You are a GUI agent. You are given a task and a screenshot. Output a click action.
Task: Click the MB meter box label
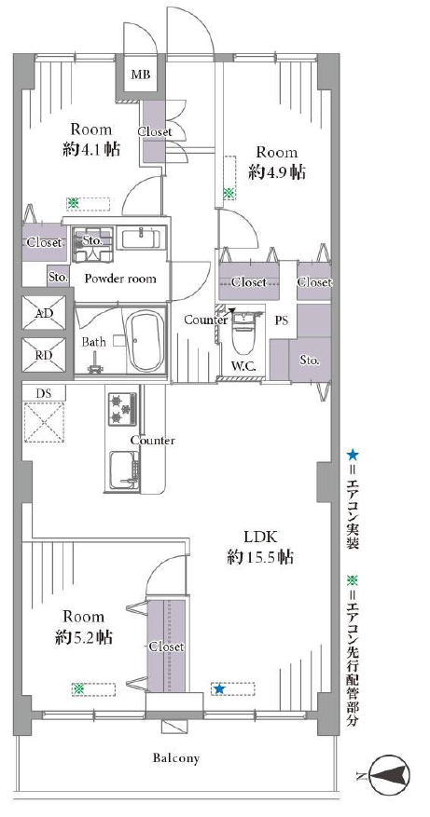(x=140, y=75)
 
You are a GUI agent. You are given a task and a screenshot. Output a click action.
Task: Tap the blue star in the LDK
(x=219, y=689)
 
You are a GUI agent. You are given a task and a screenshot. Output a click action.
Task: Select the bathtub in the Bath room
(x=146, y=342)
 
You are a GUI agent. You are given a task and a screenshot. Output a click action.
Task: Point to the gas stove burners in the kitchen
(x=122, y=408)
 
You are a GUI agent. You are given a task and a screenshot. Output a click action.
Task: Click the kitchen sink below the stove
(x=124, y=469)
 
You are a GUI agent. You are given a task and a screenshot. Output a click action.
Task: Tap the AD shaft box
(x=44, y=313)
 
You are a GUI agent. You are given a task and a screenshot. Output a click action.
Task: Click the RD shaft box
(x=44, y=355)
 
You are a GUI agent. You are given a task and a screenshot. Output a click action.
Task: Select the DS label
(x=44, y=394)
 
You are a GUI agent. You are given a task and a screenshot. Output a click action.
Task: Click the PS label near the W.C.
(x=282, y=320)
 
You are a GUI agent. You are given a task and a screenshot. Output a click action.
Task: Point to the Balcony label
(x=176, y=758)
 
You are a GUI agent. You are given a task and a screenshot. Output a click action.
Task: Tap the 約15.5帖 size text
(x=259, y=557)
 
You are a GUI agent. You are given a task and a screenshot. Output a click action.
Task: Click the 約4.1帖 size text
(x=90, y=149)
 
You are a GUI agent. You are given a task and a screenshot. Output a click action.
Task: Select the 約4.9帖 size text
(x=277, y=172)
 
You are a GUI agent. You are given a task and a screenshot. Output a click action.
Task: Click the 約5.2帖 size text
(x=84, y=636)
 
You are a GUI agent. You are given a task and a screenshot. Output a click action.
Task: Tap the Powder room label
(x=120, y=279)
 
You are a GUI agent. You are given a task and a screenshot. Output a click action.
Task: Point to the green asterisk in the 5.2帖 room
(x=78, y=688)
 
